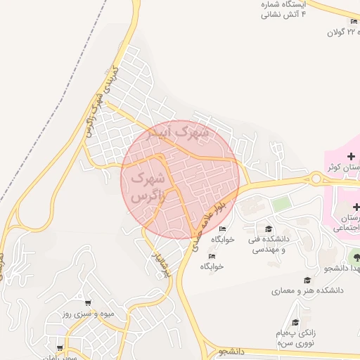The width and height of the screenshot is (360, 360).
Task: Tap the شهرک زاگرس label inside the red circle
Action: click(x=147, y=186)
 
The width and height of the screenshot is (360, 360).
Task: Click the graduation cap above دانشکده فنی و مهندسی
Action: click(x=268, y=229)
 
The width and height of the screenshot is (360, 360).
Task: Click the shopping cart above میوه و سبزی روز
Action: click(x=87, y=302)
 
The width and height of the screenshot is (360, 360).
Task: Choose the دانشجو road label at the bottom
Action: click(x=231, y=349)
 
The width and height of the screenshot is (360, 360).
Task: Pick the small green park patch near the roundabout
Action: click(x=281, y=204)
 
